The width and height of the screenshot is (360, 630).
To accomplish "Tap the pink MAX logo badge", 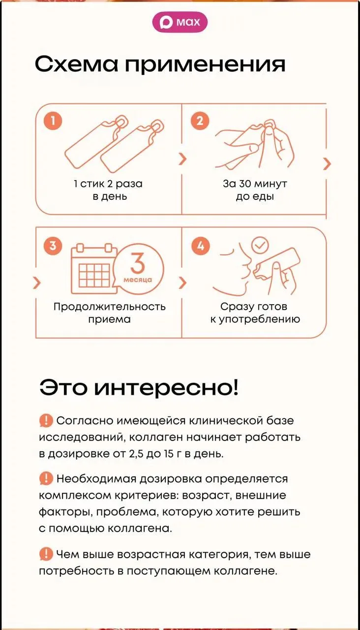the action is click(180, 22).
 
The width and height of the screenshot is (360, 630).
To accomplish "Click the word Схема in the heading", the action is click(76, 64).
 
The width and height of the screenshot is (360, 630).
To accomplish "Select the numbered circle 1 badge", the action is click(53, 121).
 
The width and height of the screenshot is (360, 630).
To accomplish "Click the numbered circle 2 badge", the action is click(200, 121).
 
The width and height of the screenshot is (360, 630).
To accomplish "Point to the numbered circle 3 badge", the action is click(53, 246).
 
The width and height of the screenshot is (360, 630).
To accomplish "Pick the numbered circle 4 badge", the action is click(200, 246).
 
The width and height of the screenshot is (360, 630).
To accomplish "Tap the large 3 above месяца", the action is click(138, 263).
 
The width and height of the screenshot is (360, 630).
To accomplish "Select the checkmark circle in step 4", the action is click(260, 245).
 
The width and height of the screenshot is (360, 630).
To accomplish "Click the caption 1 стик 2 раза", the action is click(108, 184).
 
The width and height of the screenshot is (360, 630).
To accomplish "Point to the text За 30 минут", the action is click(255, 184).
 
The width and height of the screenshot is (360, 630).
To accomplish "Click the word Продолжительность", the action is click(110, 307).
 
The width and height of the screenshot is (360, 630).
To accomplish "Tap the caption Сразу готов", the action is click(254, 307).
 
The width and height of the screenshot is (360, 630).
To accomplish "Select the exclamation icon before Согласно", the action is click(46, 421).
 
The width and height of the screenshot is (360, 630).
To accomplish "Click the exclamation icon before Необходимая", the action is click(46, 479).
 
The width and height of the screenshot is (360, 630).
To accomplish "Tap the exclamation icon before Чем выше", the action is click(46, 554).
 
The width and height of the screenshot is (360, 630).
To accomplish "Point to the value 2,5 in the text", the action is click(136, 454).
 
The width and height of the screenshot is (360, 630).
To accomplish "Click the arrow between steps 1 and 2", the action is click(182, 159).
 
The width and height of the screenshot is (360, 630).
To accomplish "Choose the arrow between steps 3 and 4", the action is click(182, 283).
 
